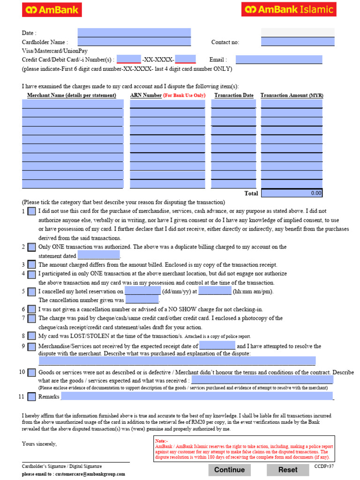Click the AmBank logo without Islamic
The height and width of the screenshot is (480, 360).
[52, 9]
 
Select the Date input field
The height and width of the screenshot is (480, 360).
[134, 33]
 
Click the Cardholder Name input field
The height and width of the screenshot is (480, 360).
[134, 42]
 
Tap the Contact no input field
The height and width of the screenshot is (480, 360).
[298, 42]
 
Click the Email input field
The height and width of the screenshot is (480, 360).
[279, 60]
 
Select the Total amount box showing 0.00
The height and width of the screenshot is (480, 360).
[292, 193]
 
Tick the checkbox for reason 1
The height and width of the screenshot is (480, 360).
[31, 211]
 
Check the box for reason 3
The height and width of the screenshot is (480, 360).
[31, 265]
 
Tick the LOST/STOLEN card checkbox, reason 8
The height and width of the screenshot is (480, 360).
[31, 336]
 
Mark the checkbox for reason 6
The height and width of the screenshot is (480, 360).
[31, 309]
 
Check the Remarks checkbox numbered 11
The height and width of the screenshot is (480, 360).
[31, 397]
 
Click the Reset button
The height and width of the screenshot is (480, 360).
[288, 470]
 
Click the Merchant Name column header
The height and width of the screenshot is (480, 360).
[71, 95]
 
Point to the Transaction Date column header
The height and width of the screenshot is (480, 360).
[234, 95]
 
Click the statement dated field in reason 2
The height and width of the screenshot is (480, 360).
[98, 256]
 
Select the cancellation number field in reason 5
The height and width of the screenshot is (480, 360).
[142, 300]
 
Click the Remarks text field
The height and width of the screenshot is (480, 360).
[197, 397]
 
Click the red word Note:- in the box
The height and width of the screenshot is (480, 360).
[161, 441]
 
